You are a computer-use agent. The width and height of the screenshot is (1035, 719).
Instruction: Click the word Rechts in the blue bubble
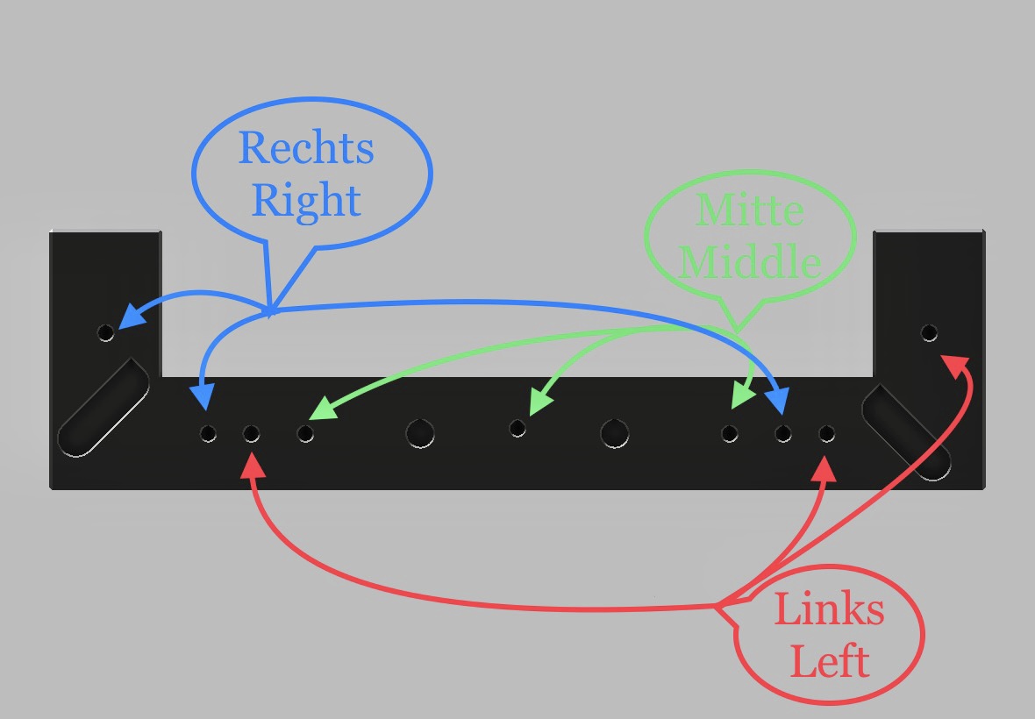coord(306,148)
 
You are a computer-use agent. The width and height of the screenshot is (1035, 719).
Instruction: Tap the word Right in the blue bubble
coord(306,201)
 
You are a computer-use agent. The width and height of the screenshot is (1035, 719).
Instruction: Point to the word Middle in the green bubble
coord(751,261)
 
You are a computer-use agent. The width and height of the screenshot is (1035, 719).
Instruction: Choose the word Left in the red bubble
coord(829,659)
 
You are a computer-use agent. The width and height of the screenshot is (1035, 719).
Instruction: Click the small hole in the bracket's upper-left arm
coord(106,333)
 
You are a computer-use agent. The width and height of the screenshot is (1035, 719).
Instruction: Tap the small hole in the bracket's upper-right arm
coord(929,332)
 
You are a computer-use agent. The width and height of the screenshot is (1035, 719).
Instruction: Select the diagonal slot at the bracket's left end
coord(103,407)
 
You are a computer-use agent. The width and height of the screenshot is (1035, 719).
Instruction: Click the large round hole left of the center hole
coord(420,432)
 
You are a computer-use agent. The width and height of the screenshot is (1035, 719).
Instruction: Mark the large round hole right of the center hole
coord(614,431)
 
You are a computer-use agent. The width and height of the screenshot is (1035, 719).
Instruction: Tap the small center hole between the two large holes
coord(517,428)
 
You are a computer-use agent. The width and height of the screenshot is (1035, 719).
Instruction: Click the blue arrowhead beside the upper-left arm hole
coord(129,317)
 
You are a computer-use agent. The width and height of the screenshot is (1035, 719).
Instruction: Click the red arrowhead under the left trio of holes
coord(253,465)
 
